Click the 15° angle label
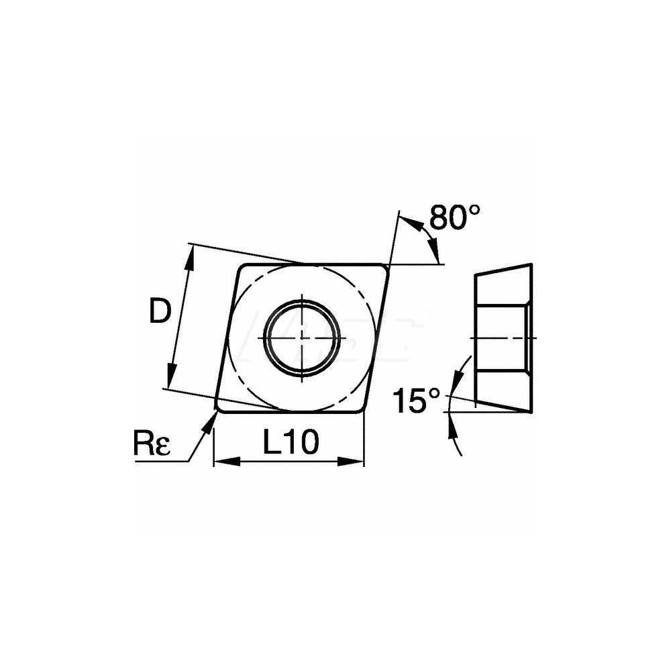pyautogui.click(x=418, y=402)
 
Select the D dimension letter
pyautogui.click(x=160, y=311)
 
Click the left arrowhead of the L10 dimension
pyautogui.click(x=222, y=462)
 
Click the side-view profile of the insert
pyautogui.click(x=503, y=335)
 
